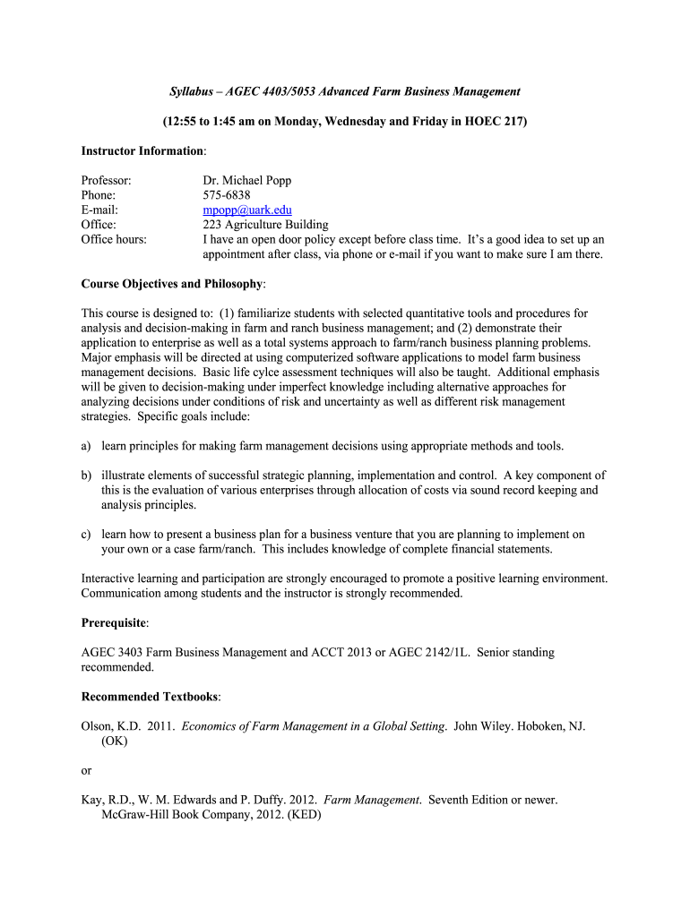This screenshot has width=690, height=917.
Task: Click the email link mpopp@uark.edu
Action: (x=241, y=210)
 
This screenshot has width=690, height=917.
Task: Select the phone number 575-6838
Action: (x=227, y=195)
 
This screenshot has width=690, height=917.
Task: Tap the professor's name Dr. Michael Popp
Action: (x=247, y=181)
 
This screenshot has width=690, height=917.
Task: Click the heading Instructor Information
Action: (x=143, y=150)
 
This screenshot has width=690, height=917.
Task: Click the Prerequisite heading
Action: (x=115, y=621)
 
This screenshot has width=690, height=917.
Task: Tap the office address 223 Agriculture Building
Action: (x=266, y=225)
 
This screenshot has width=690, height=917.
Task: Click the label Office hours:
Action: (x=114, y=239)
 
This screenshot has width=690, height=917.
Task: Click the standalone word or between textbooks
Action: (x=86, y=769)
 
